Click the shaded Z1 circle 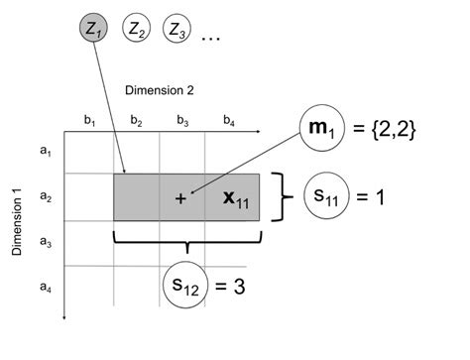[94, 30]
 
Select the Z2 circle [138, 31]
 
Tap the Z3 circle [177, 31]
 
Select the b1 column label [89, 121]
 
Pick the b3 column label [183, 121]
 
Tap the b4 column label [229, 121]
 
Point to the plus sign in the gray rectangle [180, 198]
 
